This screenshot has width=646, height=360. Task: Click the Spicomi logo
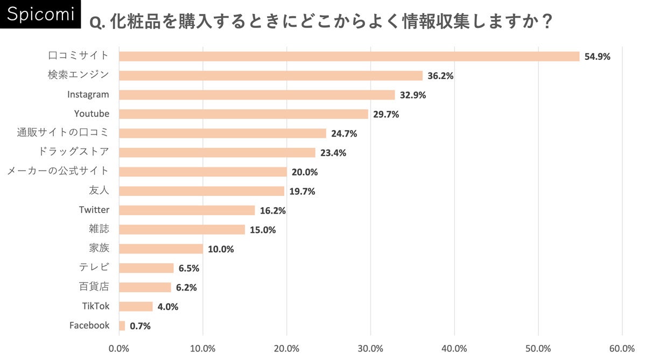tap(40, 15)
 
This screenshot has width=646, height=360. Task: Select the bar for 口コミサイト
tap(349, 57)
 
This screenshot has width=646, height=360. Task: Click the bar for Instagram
tap(257, 95)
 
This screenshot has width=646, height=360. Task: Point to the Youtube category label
tap(92, 114)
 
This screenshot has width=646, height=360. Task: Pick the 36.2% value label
tap(440, 76)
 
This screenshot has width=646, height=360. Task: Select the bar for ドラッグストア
tap(217, 152)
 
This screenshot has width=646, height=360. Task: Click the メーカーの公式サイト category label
tap(58, 171)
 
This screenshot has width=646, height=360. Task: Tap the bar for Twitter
tap(187, 210)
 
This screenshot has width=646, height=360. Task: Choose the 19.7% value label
tap(302, 191)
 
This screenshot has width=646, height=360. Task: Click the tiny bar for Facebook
tap(122, 326)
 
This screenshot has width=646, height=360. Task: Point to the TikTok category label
tap(96, 306)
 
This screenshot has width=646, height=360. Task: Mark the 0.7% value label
tap(140, 326)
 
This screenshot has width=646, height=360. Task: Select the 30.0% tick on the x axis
tap(370, 348)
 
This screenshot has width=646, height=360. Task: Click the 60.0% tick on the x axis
tap(622, 348)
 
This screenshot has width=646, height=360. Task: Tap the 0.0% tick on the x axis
tap(119, 348)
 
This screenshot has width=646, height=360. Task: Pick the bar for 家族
tap(161, 249)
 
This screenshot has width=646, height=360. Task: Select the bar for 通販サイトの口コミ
tap(222, 133)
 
